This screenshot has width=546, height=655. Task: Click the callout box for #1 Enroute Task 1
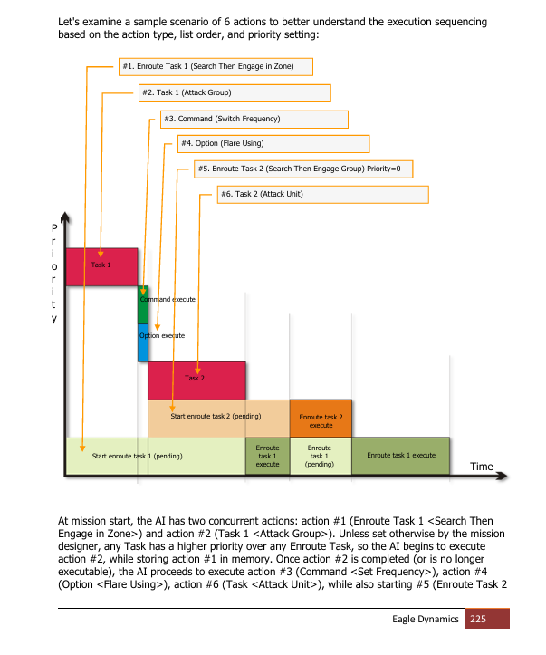216,67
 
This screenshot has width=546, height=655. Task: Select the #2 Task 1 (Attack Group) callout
235,93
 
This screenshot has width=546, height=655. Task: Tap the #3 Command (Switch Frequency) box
254,120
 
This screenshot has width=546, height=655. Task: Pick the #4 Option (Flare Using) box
273,144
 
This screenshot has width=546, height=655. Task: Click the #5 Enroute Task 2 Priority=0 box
303,169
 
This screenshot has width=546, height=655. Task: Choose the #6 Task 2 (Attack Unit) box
322,195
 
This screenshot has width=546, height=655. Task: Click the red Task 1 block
101,267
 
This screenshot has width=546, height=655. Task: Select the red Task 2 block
196,380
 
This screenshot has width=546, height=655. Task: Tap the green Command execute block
143,305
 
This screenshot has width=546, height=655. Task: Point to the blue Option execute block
143,343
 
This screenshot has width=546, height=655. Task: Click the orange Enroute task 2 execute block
321,419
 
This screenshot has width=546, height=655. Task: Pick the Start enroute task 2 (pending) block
219,419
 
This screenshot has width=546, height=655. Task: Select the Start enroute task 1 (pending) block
156,457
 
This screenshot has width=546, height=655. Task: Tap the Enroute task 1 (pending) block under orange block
321,457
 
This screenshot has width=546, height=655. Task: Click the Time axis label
482,467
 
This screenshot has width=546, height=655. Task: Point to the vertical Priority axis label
53,274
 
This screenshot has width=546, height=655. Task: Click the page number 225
478,619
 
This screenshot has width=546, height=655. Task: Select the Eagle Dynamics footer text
426,619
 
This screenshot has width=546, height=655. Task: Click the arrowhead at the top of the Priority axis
65,217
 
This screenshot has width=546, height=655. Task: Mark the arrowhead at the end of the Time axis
503,476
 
